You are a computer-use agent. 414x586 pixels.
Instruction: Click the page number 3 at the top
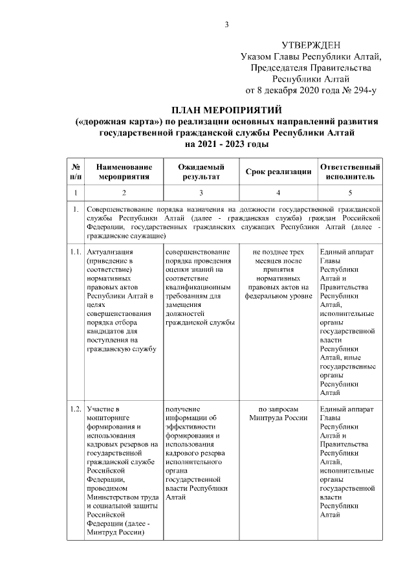tap(226, 25)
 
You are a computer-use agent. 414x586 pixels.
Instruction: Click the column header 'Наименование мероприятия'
tap(124, 171)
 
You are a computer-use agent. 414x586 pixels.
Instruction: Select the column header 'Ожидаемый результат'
tap(201, 171)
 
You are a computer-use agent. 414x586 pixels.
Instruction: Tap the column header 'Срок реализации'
tap(278, 172)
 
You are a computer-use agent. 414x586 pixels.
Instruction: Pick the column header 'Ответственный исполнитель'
tap(350, 171)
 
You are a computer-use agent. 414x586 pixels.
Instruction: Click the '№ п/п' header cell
tap(75, 171)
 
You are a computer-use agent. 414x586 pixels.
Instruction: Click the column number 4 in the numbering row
tap(278, 192)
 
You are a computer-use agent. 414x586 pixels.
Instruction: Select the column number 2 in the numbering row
tap(124, 192)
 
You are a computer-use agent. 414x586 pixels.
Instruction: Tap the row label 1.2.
tap(75, 409)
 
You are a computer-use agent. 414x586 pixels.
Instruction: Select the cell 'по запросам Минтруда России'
tap(278, 414)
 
